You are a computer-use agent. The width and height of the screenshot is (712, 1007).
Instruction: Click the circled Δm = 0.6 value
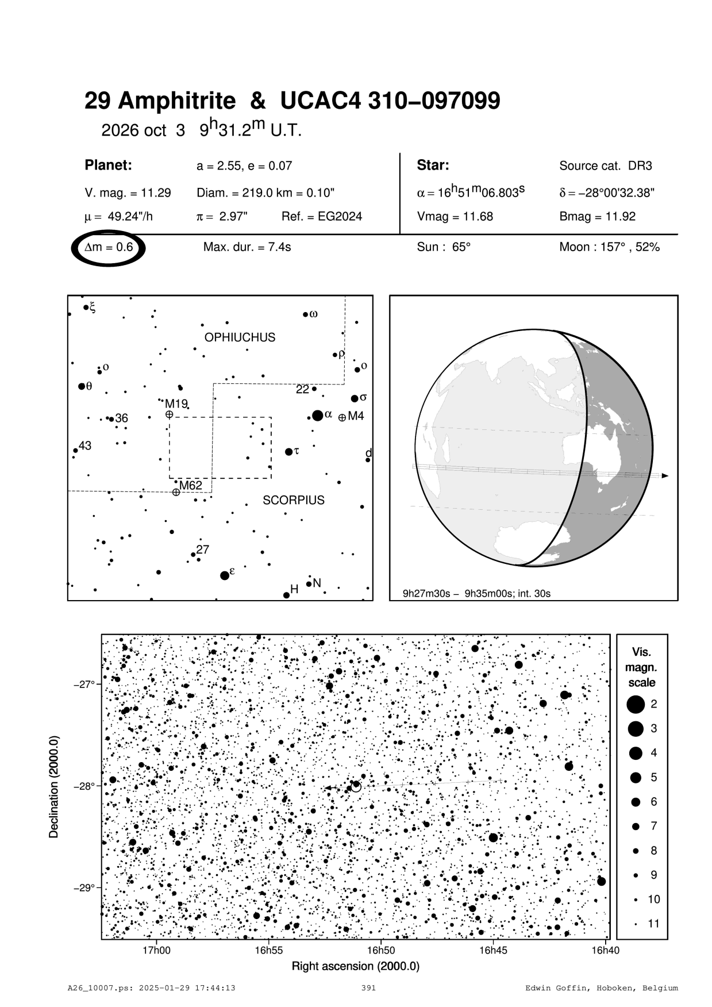point(109,248)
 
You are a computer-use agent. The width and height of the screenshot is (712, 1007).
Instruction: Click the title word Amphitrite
point(177,101)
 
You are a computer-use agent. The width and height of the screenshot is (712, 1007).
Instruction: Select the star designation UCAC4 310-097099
point(390,101)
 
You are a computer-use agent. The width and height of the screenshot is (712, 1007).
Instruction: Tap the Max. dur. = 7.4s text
point(247,247)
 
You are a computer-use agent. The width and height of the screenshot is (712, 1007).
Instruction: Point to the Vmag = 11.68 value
point(455,217)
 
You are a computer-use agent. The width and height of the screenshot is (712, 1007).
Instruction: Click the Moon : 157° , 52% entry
point(609,247)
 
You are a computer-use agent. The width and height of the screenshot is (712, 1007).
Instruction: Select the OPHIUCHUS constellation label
point(240,337)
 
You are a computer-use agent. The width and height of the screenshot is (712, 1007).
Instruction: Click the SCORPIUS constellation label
point(294,500)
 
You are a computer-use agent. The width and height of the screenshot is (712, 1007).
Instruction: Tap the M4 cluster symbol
point(342,417)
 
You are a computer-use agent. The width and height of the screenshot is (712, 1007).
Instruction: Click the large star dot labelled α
point(317,416)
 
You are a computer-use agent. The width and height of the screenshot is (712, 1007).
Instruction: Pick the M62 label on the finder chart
point(190,486)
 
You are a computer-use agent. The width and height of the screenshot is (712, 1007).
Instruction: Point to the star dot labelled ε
point(225,575)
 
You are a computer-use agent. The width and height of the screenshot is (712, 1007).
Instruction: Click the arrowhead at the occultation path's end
point(665,476)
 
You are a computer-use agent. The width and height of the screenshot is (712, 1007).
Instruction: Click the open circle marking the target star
point(356,786)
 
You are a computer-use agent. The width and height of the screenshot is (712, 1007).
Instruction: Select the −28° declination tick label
point(83,786)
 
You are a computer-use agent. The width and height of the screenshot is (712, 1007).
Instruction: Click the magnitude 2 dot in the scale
point(636,704)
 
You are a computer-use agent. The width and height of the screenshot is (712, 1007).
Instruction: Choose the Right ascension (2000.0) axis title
point(356,966)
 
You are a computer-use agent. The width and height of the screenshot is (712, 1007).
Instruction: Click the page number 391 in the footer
point(368,988)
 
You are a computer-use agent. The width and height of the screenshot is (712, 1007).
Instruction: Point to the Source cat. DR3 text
point(605,166)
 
